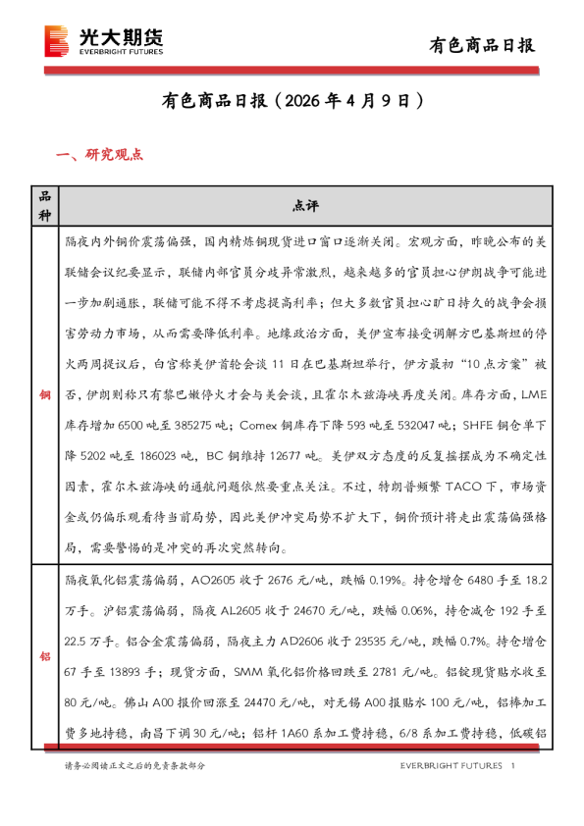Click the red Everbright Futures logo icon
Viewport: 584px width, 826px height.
pos(58,41)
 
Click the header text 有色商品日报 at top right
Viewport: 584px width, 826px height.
pos(483,44)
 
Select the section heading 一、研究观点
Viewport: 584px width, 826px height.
pos(101,154)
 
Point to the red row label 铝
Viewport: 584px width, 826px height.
pos(43,656)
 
